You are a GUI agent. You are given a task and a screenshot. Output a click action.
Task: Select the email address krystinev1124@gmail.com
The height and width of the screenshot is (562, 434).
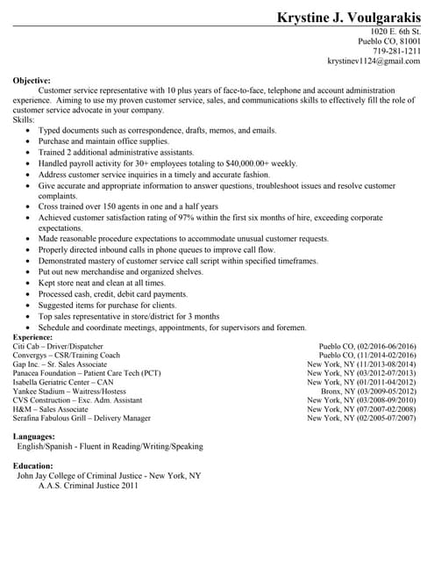374,61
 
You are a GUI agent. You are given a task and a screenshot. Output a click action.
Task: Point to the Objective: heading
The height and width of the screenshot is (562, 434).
32,81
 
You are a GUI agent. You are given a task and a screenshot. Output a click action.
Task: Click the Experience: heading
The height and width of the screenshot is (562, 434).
33,337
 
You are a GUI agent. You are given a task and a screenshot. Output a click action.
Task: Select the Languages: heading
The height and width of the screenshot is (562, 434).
34,436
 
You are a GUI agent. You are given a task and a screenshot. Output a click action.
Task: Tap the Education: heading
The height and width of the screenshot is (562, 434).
33,466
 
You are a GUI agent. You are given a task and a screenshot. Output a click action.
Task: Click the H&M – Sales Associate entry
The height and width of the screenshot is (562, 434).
50,409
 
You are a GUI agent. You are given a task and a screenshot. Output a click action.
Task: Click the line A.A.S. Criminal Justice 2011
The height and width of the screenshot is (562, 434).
88,485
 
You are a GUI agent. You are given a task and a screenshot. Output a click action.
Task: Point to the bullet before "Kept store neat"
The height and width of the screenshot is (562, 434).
29,284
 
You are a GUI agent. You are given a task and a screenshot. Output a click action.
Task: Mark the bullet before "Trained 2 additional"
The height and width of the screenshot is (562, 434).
29,152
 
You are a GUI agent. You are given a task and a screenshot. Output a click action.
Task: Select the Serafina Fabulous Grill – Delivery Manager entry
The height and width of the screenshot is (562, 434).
82,419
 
